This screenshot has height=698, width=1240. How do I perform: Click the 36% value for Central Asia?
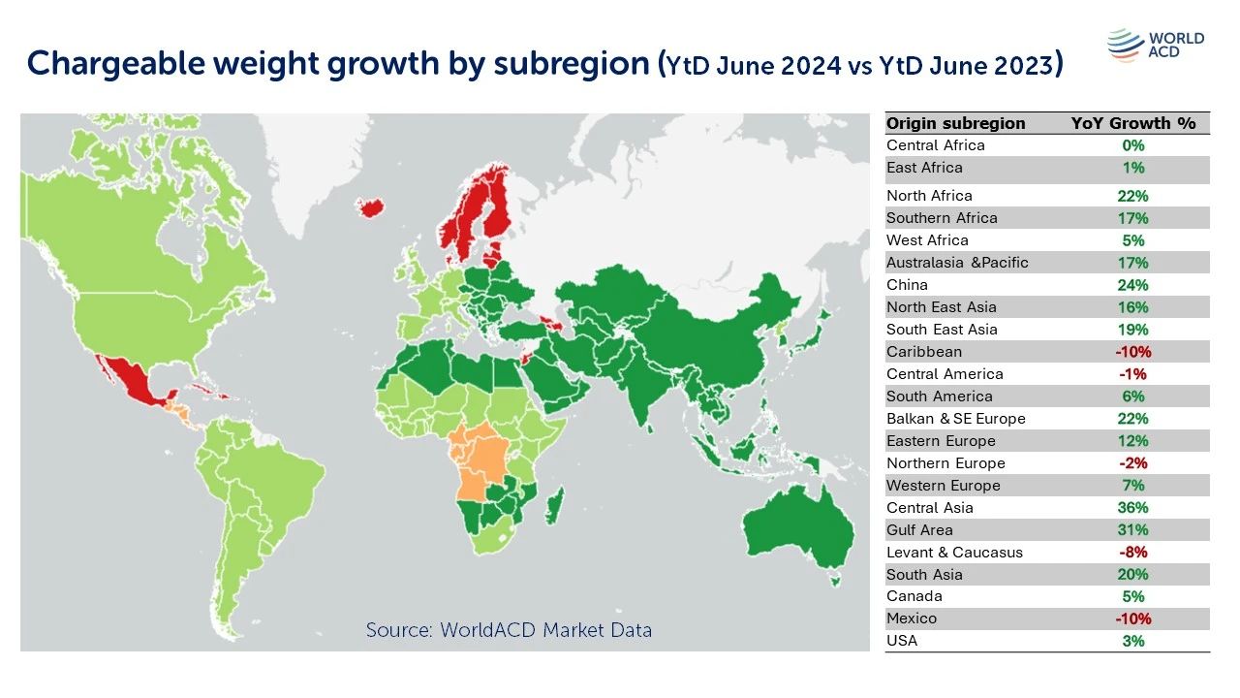1132,508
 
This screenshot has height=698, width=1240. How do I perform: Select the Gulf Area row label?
919,530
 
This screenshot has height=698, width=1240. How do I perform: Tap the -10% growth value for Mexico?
1132,619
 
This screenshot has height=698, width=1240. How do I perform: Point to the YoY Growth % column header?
1132,123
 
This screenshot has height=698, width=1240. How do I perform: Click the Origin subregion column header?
955,123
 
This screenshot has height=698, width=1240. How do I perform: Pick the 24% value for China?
1132,285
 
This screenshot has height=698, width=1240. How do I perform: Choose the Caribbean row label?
923,352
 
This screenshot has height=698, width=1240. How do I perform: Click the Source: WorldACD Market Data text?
509,630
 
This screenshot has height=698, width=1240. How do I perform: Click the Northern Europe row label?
945,463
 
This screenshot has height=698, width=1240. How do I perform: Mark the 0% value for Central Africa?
1132,145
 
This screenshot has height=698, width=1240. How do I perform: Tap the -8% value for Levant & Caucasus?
1132,553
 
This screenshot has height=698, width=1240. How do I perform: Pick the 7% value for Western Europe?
1132,486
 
